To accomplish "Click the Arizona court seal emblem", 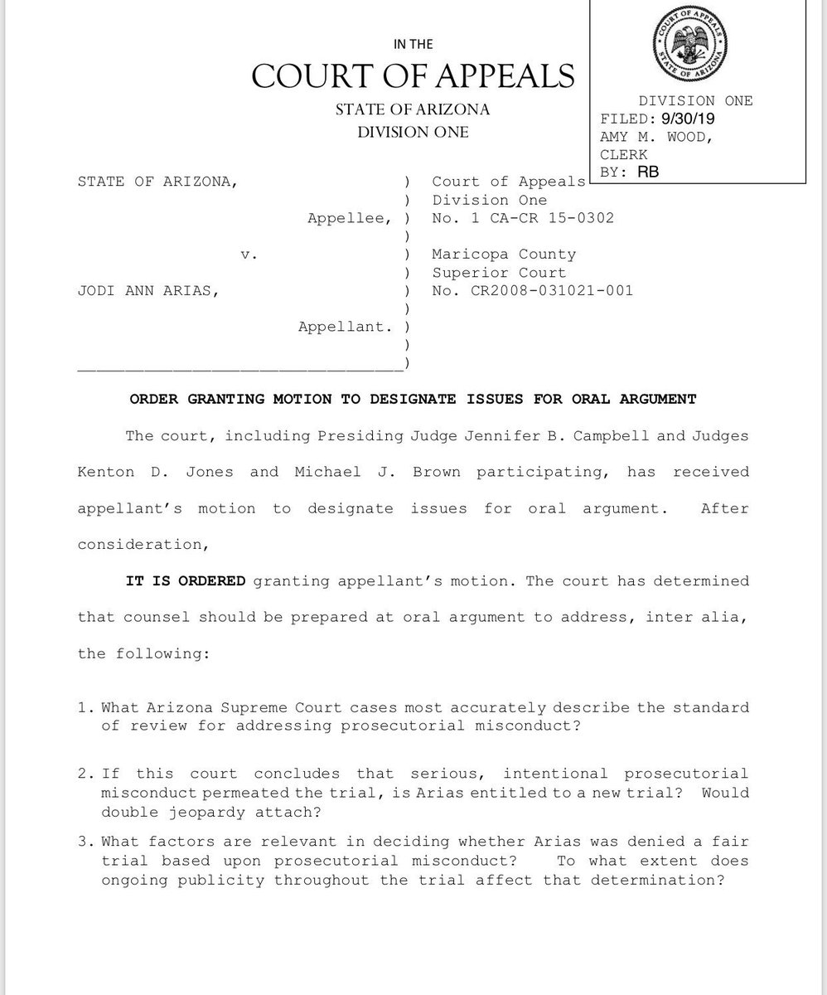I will pyautogui.click(x=695, y=46).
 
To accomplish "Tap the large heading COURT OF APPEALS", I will pyautogui.click(x=413, y=76).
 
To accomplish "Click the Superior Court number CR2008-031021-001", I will pyautogui.click(x=532, y=291).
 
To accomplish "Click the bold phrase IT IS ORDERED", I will pyautogui.click(x=186, y=580).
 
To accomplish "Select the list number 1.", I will pyautogui.click(x=85, y=707).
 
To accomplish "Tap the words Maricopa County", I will pyautogui.click(x=504, y=255).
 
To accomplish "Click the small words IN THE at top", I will pyautogui.click(x=413, y=44).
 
